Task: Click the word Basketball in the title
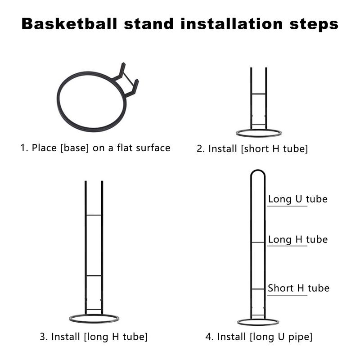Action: (x=74, y=24)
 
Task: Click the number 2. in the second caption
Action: (x=201, y=149)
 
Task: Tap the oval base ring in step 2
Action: (x=258, y=133)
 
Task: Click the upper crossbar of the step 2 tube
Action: (x=258, y=94)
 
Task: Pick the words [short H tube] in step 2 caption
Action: (x=275, y=149)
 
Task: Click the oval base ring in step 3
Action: (x=94, y=319)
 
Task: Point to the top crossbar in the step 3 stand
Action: (x=94, y=215)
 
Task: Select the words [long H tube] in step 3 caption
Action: (x=116, y=336)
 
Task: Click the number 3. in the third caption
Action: (x=44, y=336)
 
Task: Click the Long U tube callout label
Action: (x=297, y=199)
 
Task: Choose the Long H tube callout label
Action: (x=297, y=239)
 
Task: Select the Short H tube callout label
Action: (x=298, y=288)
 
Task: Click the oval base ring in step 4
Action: (x=258, y=322)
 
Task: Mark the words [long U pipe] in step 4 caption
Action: (x=281, y=336)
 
